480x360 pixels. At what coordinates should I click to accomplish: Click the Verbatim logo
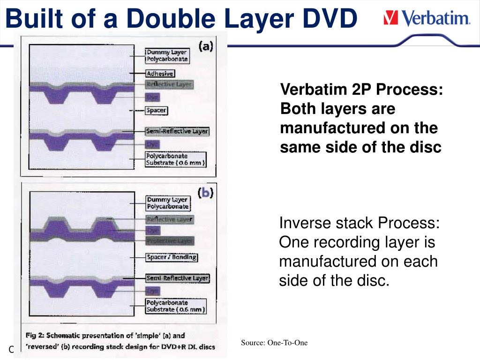coord(427,19)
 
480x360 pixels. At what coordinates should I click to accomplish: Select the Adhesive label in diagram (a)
coord(160,74)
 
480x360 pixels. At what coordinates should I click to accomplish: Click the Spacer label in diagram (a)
coord(156,111)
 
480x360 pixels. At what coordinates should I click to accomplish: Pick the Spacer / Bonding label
coord(172,257)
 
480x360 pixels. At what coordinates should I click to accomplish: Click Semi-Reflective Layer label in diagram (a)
coord(177,131)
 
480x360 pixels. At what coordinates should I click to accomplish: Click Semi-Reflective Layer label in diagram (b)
coord(177,278)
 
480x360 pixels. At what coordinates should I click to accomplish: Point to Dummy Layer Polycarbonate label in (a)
coord(167,56)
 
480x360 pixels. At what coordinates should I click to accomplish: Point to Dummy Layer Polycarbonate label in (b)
coord(167,203)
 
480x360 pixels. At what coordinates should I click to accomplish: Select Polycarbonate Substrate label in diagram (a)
coord(175,159)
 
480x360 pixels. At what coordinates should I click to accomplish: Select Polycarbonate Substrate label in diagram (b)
coord(175,306)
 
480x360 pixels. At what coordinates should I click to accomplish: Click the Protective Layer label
coord(170,240)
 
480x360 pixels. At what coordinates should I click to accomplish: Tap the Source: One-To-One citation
coord(274,343)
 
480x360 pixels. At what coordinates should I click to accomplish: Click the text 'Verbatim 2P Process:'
coord(361,89)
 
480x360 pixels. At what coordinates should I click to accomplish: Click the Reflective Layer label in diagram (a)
coord(169,85)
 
